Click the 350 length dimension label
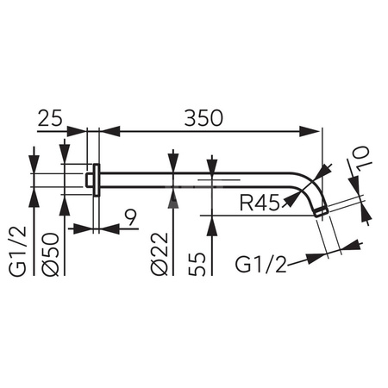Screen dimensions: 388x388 pyautogui.click(x=203, y=118)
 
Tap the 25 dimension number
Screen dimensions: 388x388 pyautogui.click(x=50, y=118)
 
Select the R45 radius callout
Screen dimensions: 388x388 pyautogui.click(x=260, y=203)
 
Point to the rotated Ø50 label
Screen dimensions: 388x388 pyautogui.click(x=51, y=254)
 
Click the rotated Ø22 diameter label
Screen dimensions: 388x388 pyautogui.click(x=159, y=253)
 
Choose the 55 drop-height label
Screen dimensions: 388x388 pyautogui.click(x=197, y=264)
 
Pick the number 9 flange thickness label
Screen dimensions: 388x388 pyautogui.click(x=131, y=217)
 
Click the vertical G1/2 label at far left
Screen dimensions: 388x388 pyautogui.click(x=18, y=252)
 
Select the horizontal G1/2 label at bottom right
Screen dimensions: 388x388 pyautogui.click(x=261, y=265)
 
